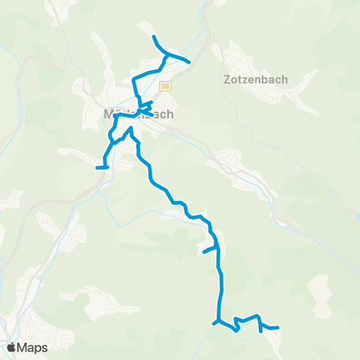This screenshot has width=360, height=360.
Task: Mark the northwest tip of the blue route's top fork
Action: click(x=154, y=37)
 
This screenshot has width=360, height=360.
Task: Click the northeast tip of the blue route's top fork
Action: click(x=189, y=61)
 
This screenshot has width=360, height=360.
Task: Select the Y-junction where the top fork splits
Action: click(x=166, y=53)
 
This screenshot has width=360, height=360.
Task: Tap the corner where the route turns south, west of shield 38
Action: click(x=134, y=79)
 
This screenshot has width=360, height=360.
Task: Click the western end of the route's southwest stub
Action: click(x=97, y=167)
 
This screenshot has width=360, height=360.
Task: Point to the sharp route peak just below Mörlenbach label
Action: click(x=130, y=129)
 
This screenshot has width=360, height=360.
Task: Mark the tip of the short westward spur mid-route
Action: click(x=204, y=252)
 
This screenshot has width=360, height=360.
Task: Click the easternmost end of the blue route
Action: click(x=278, y=328)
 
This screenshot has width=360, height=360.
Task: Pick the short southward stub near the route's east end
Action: click(x=260, y=328)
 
